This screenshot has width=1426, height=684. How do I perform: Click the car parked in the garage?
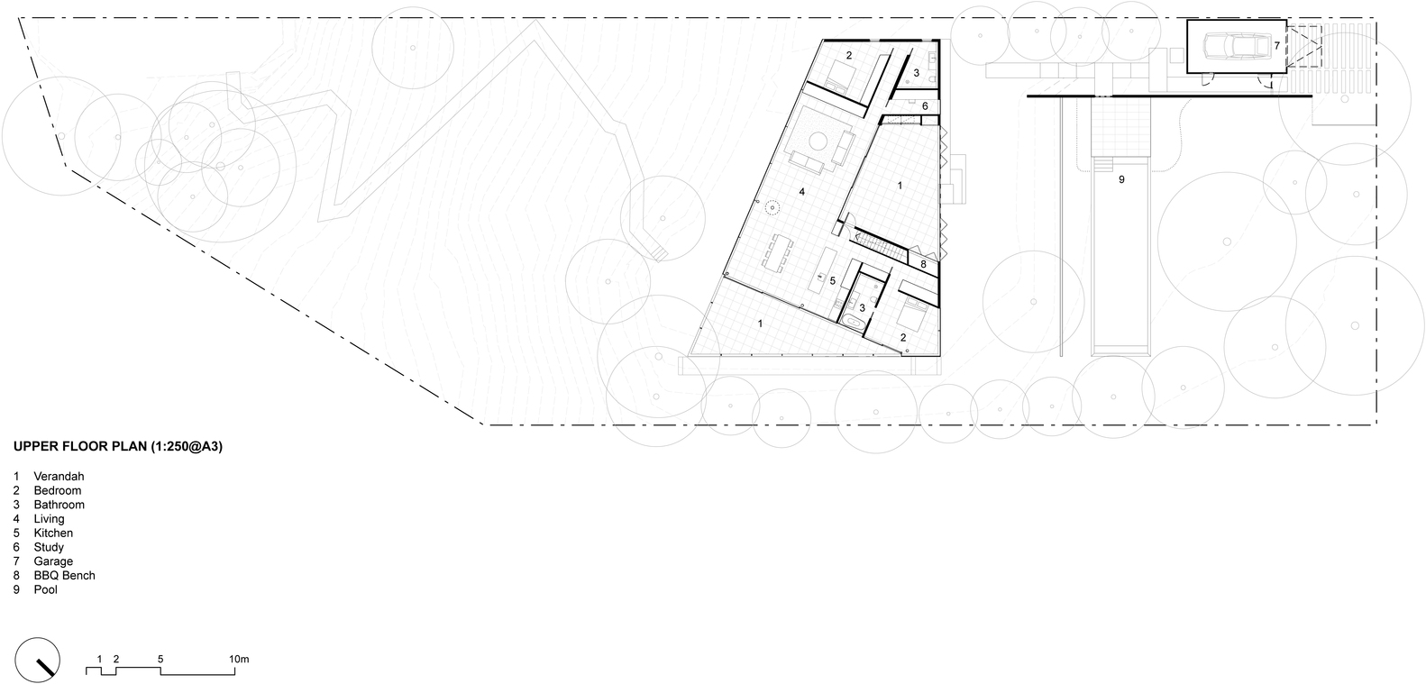coord(1234,46)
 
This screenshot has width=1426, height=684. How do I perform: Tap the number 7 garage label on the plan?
coord(1276,46)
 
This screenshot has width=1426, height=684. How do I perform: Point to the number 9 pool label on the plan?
coord(1121,180)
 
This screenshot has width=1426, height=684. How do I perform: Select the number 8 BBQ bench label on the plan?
coord(923,263)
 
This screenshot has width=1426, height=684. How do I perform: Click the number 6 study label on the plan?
coord(925,106)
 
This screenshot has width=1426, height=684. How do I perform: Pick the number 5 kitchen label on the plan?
coord(832,280)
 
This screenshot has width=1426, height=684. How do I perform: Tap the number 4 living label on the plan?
coord(802,192)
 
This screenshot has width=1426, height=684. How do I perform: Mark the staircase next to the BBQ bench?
coord(879,246)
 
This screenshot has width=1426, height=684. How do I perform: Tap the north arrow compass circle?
coord(38,660)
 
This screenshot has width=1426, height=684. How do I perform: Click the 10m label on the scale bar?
coord(239,659)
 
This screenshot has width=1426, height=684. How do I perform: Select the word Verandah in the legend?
coord(59,477)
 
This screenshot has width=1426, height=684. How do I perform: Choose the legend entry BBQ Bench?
coord(64,576)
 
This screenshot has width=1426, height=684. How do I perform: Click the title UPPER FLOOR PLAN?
coord(80,447)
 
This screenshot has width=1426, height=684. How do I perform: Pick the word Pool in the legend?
coord(46,590)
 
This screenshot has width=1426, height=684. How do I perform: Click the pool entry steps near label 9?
coord(1102,164)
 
